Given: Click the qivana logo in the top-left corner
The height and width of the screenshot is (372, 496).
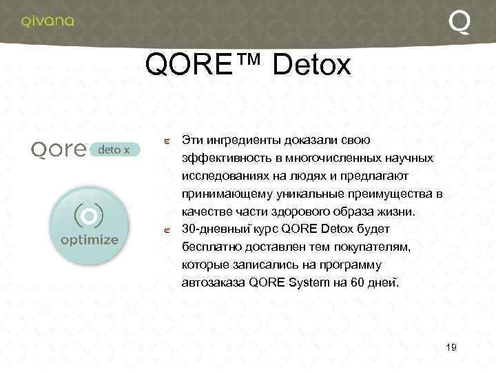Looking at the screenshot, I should [x=48, y=21].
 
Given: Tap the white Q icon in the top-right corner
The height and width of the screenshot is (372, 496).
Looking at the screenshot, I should [x=460, y=22].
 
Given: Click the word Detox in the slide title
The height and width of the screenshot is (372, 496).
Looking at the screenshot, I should [x=312, y=65].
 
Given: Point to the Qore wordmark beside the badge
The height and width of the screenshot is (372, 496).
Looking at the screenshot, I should [x=57, y=149].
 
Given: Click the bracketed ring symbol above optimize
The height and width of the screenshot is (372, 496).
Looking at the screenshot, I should [x=89, y=216].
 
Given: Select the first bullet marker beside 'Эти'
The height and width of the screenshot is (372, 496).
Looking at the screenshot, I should [x=168, y=142].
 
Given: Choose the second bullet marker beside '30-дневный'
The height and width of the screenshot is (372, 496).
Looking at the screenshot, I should [x=168, y=231].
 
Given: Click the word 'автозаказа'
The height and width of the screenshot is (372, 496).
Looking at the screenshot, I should [x=213, y=282].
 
